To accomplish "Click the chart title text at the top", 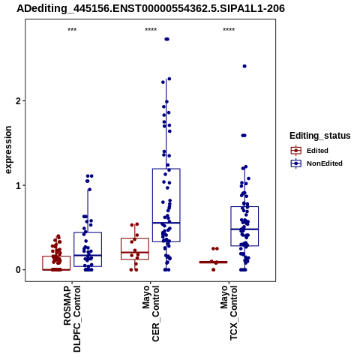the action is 151,9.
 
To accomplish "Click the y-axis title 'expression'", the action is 8,150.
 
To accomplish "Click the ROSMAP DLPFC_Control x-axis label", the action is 72,319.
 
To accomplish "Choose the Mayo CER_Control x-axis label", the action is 151,313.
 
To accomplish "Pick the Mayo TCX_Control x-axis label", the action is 229,313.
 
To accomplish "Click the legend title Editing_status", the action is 320,136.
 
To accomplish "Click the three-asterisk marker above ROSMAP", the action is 72,30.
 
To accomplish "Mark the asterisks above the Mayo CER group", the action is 151,30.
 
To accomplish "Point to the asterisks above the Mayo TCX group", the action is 229,30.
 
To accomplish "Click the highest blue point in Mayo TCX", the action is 244,66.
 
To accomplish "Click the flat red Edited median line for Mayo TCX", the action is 213,262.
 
